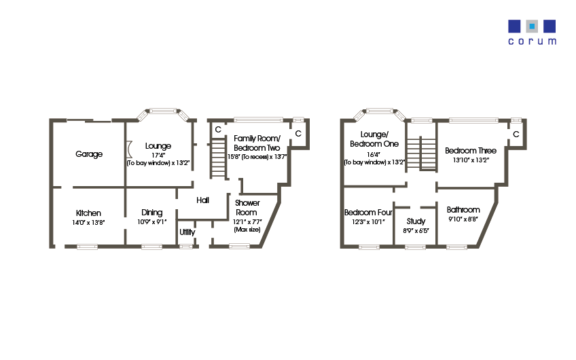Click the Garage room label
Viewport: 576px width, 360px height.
pos(89,154)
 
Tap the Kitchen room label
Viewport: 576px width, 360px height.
pos(89,213)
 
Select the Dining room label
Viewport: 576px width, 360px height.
pos(151,213)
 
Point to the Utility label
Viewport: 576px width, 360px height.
pos(187,232)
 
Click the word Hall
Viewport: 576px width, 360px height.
pos(202,200)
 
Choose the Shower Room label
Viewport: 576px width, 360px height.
pos(247,208)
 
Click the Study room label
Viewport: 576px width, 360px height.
pos(416,221)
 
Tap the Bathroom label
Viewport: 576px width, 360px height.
pos(463,210)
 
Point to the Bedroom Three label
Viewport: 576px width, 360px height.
pos(471,151)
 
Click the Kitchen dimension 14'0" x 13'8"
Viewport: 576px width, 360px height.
pos(89,222)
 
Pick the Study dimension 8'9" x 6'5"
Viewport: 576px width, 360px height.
pos(416,230)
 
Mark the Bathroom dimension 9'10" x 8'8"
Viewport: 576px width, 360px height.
pos(463,219)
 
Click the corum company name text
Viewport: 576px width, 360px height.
pos(533,41)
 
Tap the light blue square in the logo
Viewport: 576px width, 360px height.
pos(533,26)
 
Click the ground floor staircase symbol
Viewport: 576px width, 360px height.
pos(217,158)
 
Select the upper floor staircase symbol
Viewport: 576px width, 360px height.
pos(422,156)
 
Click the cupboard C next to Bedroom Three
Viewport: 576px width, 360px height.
pos(516,134)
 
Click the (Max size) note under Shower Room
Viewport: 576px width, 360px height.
pos(247,230)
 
